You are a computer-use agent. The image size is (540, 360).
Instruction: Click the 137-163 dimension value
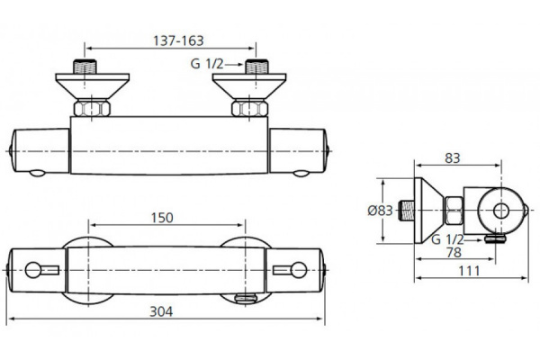178,41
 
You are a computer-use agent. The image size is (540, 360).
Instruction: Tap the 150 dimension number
162,218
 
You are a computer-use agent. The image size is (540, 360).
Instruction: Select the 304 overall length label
161,311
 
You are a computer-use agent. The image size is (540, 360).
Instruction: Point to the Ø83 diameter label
380,211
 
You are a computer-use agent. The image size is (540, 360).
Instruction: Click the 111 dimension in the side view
469,271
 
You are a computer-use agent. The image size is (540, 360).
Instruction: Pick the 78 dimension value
454,253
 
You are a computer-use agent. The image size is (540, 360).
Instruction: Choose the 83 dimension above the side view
452,158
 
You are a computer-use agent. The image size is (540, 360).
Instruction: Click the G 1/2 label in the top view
207,64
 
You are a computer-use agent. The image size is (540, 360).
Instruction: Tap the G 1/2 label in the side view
447,239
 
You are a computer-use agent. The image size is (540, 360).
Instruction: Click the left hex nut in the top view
92,108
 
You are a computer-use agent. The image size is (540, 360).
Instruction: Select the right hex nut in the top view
249,108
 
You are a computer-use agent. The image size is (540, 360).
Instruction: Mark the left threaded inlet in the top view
85,67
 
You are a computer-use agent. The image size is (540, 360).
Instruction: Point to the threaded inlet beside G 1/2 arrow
256,67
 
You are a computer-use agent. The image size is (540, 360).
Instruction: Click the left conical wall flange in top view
93,86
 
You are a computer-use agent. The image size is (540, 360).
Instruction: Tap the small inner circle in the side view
501,211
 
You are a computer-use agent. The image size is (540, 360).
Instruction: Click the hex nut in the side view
454,211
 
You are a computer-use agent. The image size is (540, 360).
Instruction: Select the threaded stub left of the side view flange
407,211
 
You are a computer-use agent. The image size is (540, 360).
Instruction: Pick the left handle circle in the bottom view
33,270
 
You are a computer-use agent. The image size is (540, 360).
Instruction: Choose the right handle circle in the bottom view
299,270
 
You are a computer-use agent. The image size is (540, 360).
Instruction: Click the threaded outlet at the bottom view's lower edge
247,298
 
